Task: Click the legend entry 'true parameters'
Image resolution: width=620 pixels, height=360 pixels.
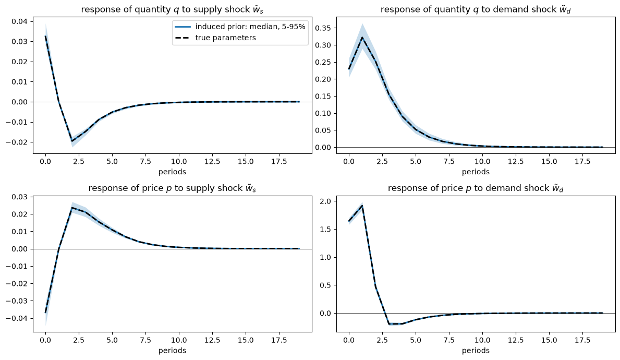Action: click(225, 38)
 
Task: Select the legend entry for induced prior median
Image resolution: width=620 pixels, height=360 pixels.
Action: click(250, 27)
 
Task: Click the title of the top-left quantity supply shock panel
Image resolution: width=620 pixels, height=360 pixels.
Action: click(173, 9)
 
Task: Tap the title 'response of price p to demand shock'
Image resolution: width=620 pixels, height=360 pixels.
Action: click(476, 188)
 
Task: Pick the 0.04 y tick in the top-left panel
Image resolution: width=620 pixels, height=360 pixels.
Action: click(20, 21)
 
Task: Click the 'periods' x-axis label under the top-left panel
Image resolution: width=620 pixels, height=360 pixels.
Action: click(173, 172)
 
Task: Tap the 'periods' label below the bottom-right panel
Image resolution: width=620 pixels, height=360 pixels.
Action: click(476, 351)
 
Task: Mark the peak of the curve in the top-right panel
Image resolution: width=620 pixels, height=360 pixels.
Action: click(362, 38)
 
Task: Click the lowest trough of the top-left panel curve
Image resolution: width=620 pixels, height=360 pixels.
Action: click(72, 141)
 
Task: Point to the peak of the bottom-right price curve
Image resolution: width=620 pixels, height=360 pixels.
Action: click(362, 206)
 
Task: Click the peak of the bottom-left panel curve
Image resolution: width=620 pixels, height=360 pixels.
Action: click(72, 208)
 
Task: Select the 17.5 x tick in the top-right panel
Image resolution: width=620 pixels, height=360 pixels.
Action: click(582, 161)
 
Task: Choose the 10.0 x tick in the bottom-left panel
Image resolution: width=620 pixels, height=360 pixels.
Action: click(179, 340)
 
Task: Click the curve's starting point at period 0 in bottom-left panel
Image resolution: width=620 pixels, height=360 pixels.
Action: click(45, 313)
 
